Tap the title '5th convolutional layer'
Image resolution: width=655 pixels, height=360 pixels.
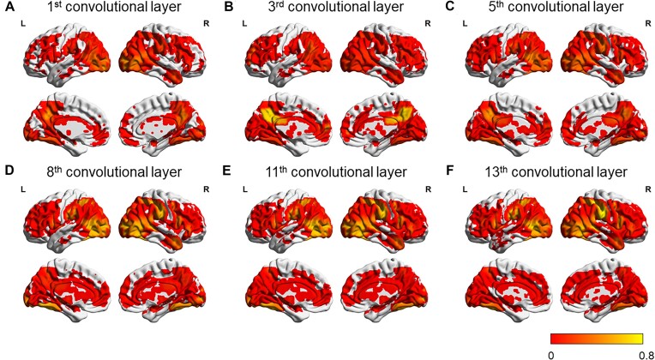coord(549,9)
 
